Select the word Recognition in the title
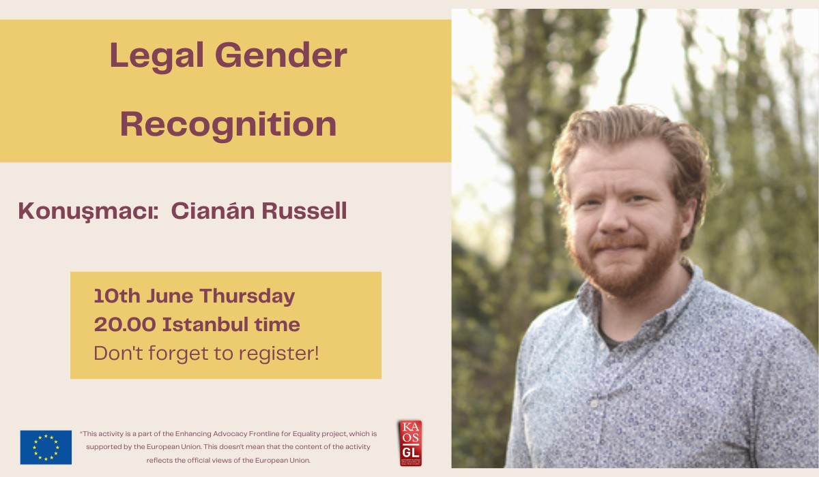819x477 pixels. tap(228, 125)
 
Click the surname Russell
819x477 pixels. tap(307, 211)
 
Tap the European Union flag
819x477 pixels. tap(46, 447)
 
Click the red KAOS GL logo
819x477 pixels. tap(410, 443)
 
